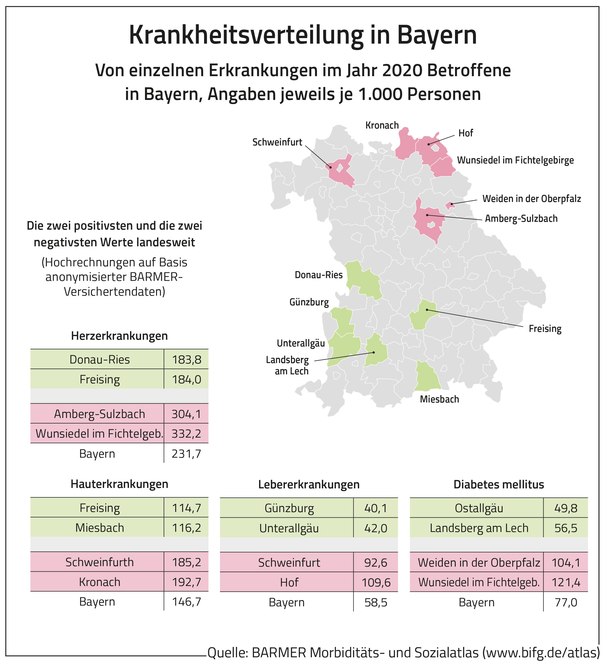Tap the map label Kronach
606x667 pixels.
[x=382, y=125]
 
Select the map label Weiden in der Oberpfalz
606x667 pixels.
[x=531, y=199]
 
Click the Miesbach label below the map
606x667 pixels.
[x=439, y=399]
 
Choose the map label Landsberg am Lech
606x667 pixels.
[x=287, y=366]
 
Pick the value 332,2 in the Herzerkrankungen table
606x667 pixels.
[x=186, y=433]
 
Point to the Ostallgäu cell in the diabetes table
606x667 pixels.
[x=479, y=508]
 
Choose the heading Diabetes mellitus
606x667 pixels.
[x=498, y=484]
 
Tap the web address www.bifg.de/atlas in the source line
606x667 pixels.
[x=540, y=652]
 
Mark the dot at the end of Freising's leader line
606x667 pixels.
[x=427, y=310]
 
